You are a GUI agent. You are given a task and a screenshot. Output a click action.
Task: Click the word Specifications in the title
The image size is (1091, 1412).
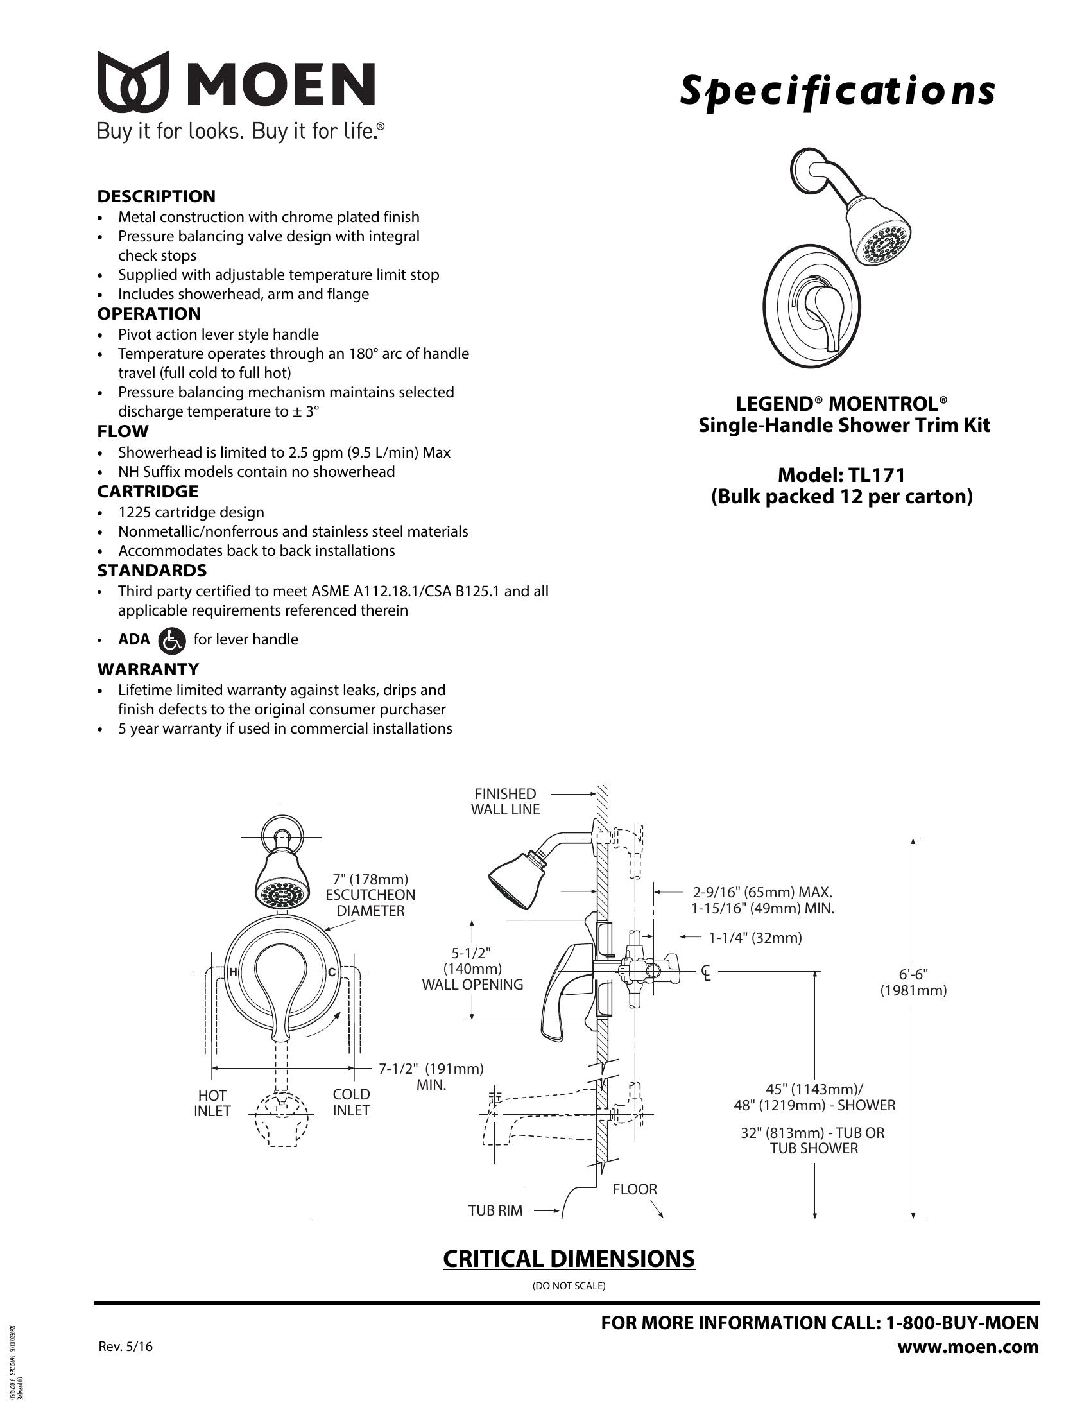[x=836, y=90]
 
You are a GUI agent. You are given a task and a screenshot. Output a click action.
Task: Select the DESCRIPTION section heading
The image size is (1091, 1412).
[x=157, y=196]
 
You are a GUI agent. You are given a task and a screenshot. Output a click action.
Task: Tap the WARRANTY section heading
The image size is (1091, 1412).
[x=148, y=669]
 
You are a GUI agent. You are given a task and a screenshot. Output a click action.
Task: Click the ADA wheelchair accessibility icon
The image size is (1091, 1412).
[x=172, y=639]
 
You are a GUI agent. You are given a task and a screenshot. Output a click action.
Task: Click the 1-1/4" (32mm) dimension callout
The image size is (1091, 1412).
[x=755, y=938]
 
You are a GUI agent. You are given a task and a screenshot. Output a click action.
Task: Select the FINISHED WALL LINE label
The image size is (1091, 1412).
[x=505, y=801]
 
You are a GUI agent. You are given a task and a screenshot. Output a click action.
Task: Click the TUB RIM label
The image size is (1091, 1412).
[x=495, y=1210]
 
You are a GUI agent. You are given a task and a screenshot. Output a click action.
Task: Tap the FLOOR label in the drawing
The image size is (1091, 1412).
[x=635, y=1189]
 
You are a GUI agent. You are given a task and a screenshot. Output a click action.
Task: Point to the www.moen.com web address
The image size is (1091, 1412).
[x=968, y=1347]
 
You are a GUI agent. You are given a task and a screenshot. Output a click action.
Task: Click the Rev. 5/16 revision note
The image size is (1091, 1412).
[x=125, y=1347]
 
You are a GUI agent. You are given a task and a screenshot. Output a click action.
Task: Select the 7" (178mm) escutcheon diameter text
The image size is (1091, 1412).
[x=370, y=879]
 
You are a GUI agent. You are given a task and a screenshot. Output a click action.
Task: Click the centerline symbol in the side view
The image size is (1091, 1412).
[x=707, y=972]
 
